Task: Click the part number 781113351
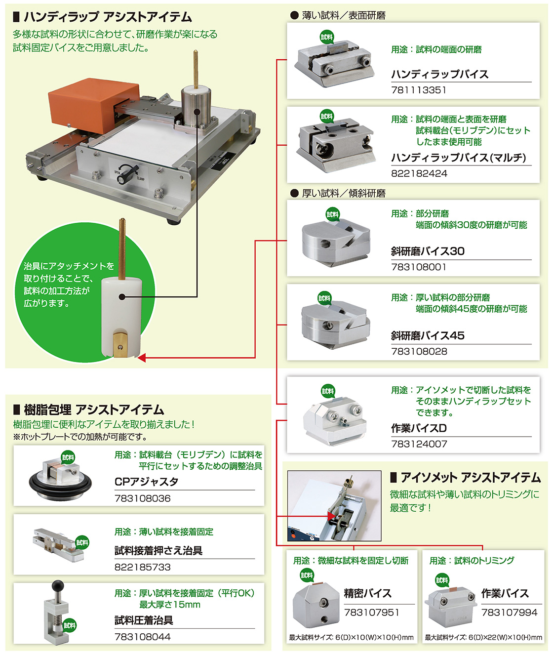coord(418,90)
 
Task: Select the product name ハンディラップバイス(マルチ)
coord(458,157)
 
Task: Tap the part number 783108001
coord(418,267)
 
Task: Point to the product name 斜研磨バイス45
coord(428,336)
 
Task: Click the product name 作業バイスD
coord(419,428)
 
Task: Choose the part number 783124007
coord(419,444)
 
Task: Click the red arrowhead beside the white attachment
coord(142,358)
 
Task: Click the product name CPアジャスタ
coord(146,482)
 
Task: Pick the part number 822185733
coord(142,567)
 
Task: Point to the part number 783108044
coord(142,637)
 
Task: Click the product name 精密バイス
coord(368,593)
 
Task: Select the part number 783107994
coord(509,612)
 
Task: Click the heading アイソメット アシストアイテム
coord(466,478)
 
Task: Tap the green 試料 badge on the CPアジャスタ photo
coord(68,457)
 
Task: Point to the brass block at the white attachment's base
coord(120,344)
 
